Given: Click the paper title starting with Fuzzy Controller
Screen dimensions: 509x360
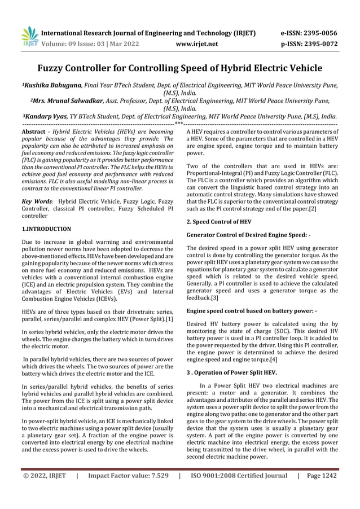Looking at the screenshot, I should (x=179, y=68).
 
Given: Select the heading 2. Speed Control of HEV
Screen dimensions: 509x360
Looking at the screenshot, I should (x=218, y=222).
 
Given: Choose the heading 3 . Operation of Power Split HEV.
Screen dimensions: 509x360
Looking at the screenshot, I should (x=231, y=372).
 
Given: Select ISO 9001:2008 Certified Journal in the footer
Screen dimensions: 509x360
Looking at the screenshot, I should (x=239, y=476).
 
